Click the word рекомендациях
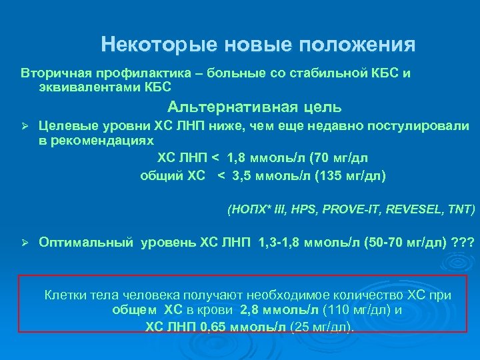tap(96, 141)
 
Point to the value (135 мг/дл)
tap(353, 176)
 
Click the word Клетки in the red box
tap(63, 295)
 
